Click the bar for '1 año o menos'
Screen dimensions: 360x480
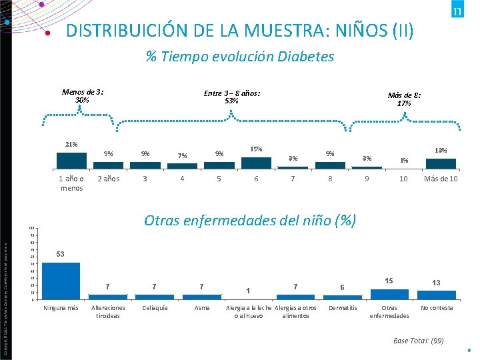71,162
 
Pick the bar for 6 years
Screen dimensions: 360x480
256,164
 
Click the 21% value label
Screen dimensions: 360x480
71,145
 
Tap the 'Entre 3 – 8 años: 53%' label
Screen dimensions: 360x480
231,97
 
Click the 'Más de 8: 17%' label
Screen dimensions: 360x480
404,99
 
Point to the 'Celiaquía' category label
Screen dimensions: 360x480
155,308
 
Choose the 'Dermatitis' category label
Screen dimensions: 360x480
343,308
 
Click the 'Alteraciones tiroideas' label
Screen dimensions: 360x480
107,311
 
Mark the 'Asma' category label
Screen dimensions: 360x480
201,308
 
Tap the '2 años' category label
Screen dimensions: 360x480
108,179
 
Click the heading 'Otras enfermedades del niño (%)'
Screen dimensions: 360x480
250,221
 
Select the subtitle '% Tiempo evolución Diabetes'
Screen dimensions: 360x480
239,57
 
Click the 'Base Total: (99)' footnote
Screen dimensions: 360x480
418,341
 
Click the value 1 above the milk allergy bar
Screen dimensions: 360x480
247,291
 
